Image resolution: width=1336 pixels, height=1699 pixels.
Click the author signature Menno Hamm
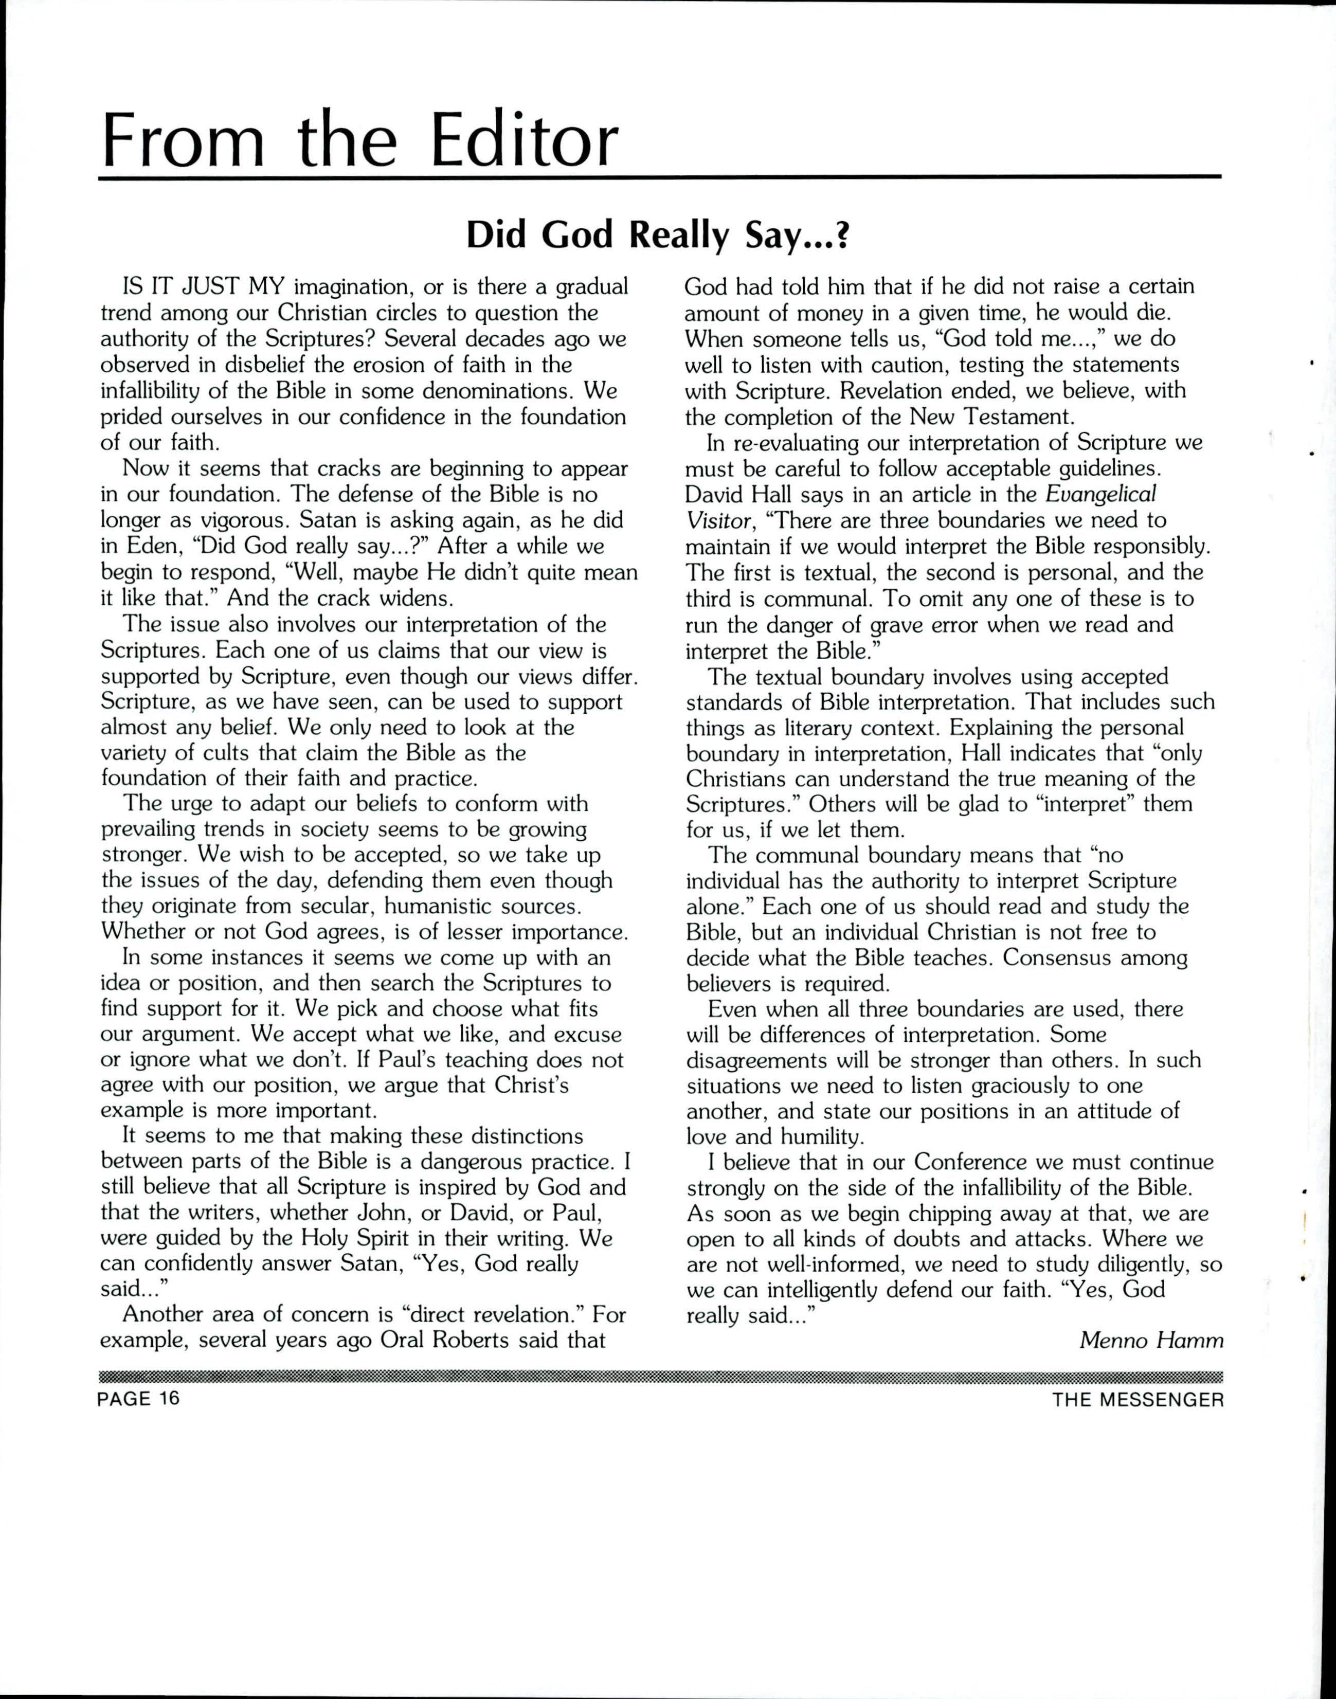click(1151, 1340)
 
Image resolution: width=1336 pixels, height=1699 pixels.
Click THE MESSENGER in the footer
click(1138, 1399)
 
